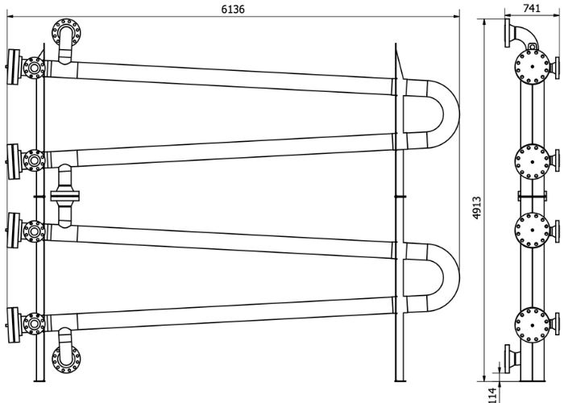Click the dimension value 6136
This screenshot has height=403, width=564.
click(x=233, y=9)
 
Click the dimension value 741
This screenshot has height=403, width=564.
click(x=532, y=8)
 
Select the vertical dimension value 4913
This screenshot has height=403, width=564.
click(x=477, y=208)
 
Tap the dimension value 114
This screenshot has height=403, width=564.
click(x=493, y=395)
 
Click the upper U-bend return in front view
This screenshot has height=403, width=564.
click(x=452, y=114)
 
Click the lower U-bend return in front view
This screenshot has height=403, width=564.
click(x=452, y=277)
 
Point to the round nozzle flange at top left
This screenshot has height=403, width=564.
click(x=66, y=32)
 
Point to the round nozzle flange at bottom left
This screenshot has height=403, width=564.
click(x=66, y=359)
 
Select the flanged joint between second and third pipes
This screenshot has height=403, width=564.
click(x=64, y=196)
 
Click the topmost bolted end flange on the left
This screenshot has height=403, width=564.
click(x=14, y=67)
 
